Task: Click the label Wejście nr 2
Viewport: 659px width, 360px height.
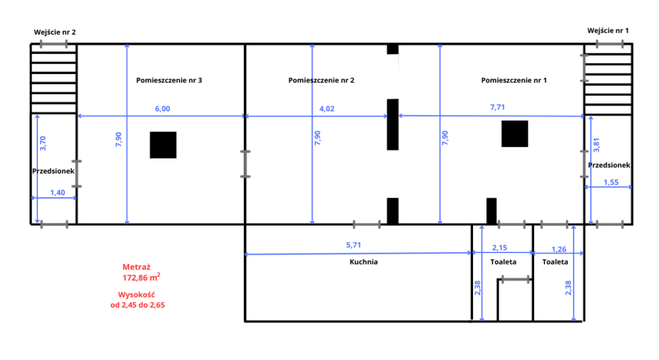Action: (x=55, y=32)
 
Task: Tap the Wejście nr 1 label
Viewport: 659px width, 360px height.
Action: (x=608, y=31)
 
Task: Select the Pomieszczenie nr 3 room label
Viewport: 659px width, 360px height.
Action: (x=169, y=81)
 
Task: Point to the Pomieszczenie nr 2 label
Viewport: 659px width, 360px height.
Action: (x=321, y=81)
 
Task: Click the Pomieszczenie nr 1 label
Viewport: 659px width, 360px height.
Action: (x=514, y=81)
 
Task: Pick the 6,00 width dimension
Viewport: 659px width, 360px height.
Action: (x=163, y=109)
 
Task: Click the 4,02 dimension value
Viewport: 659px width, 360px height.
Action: (x=327, y=109)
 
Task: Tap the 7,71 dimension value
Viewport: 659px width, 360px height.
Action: (x=497, y=108)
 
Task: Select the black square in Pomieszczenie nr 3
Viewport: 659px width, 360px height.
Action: (x=163, y=145)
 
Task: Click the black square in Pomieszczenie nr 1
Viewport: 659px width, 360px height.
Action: (x=515, y=134)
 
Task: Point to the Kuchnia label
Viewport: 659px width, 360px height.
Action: (x=364, y=262)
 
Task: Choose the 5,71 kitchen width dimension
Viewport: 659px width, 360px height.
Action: (x=353, y=245)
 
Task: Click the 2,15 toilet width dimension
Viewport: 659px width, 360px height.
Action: (x=499, y=248)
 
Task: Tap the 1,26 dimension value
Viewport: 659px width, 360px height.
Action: (x=559, y=249)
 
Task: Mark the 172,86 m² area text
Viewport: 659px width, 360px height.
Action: (x=141, y=278)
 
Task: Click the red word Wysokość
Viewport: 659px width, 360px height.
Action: (x=136, y=295)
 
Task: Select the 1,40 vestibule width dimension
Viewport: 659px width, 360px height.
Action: (x=57, y=193)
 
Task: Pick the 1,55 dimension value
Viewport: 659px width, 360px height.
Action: (x=611, y=182)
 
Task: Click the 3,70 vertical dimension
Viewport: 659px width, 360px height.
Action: (x=42, y=144)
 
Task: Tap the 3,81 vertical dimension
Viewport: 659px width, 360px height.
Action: (x=597, y=145)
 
